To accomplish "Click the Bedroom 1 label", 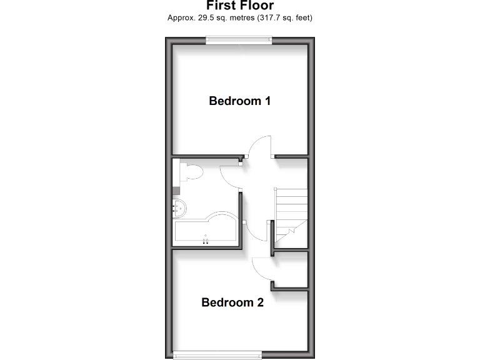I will coord(239,101).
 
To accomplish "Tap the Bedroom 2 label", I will coord(232,302).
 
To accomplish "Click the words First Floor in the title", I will coord(240,6).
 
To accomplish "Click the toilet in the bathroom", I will coord(189,172).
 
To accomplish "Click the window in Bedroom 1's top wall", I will coord(239,41).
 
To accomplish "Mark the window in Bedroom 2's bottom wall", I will coord(218,356).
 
